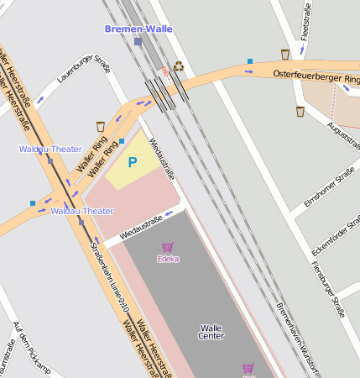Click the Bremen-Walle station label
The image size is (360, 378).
pyautogui.click(x=138, y=29)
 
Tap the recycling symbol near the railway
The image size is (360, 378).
pyautogui.click(x=178, y=66)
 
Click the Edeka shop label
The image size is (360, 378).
pyautogui.click(x=168, y=259)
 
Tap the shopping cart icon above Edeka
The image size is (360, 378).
pyautogui.click(x=168, y=248)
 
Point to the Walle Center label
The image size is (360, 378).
pyautogui.click(x=211, y=332)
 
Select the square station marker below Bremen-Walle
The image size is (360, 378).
pyautogui.click(x=138, y=41)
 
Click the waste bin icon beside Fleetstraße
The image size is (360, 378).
pyautogui.click(x=286, y=55)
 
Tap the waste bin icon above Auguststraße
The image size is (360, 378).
pyautogui.click(x=300, y=111)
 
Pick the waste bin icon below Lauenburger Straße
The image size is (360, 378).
pyautogui.click(x=101, y=126)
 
